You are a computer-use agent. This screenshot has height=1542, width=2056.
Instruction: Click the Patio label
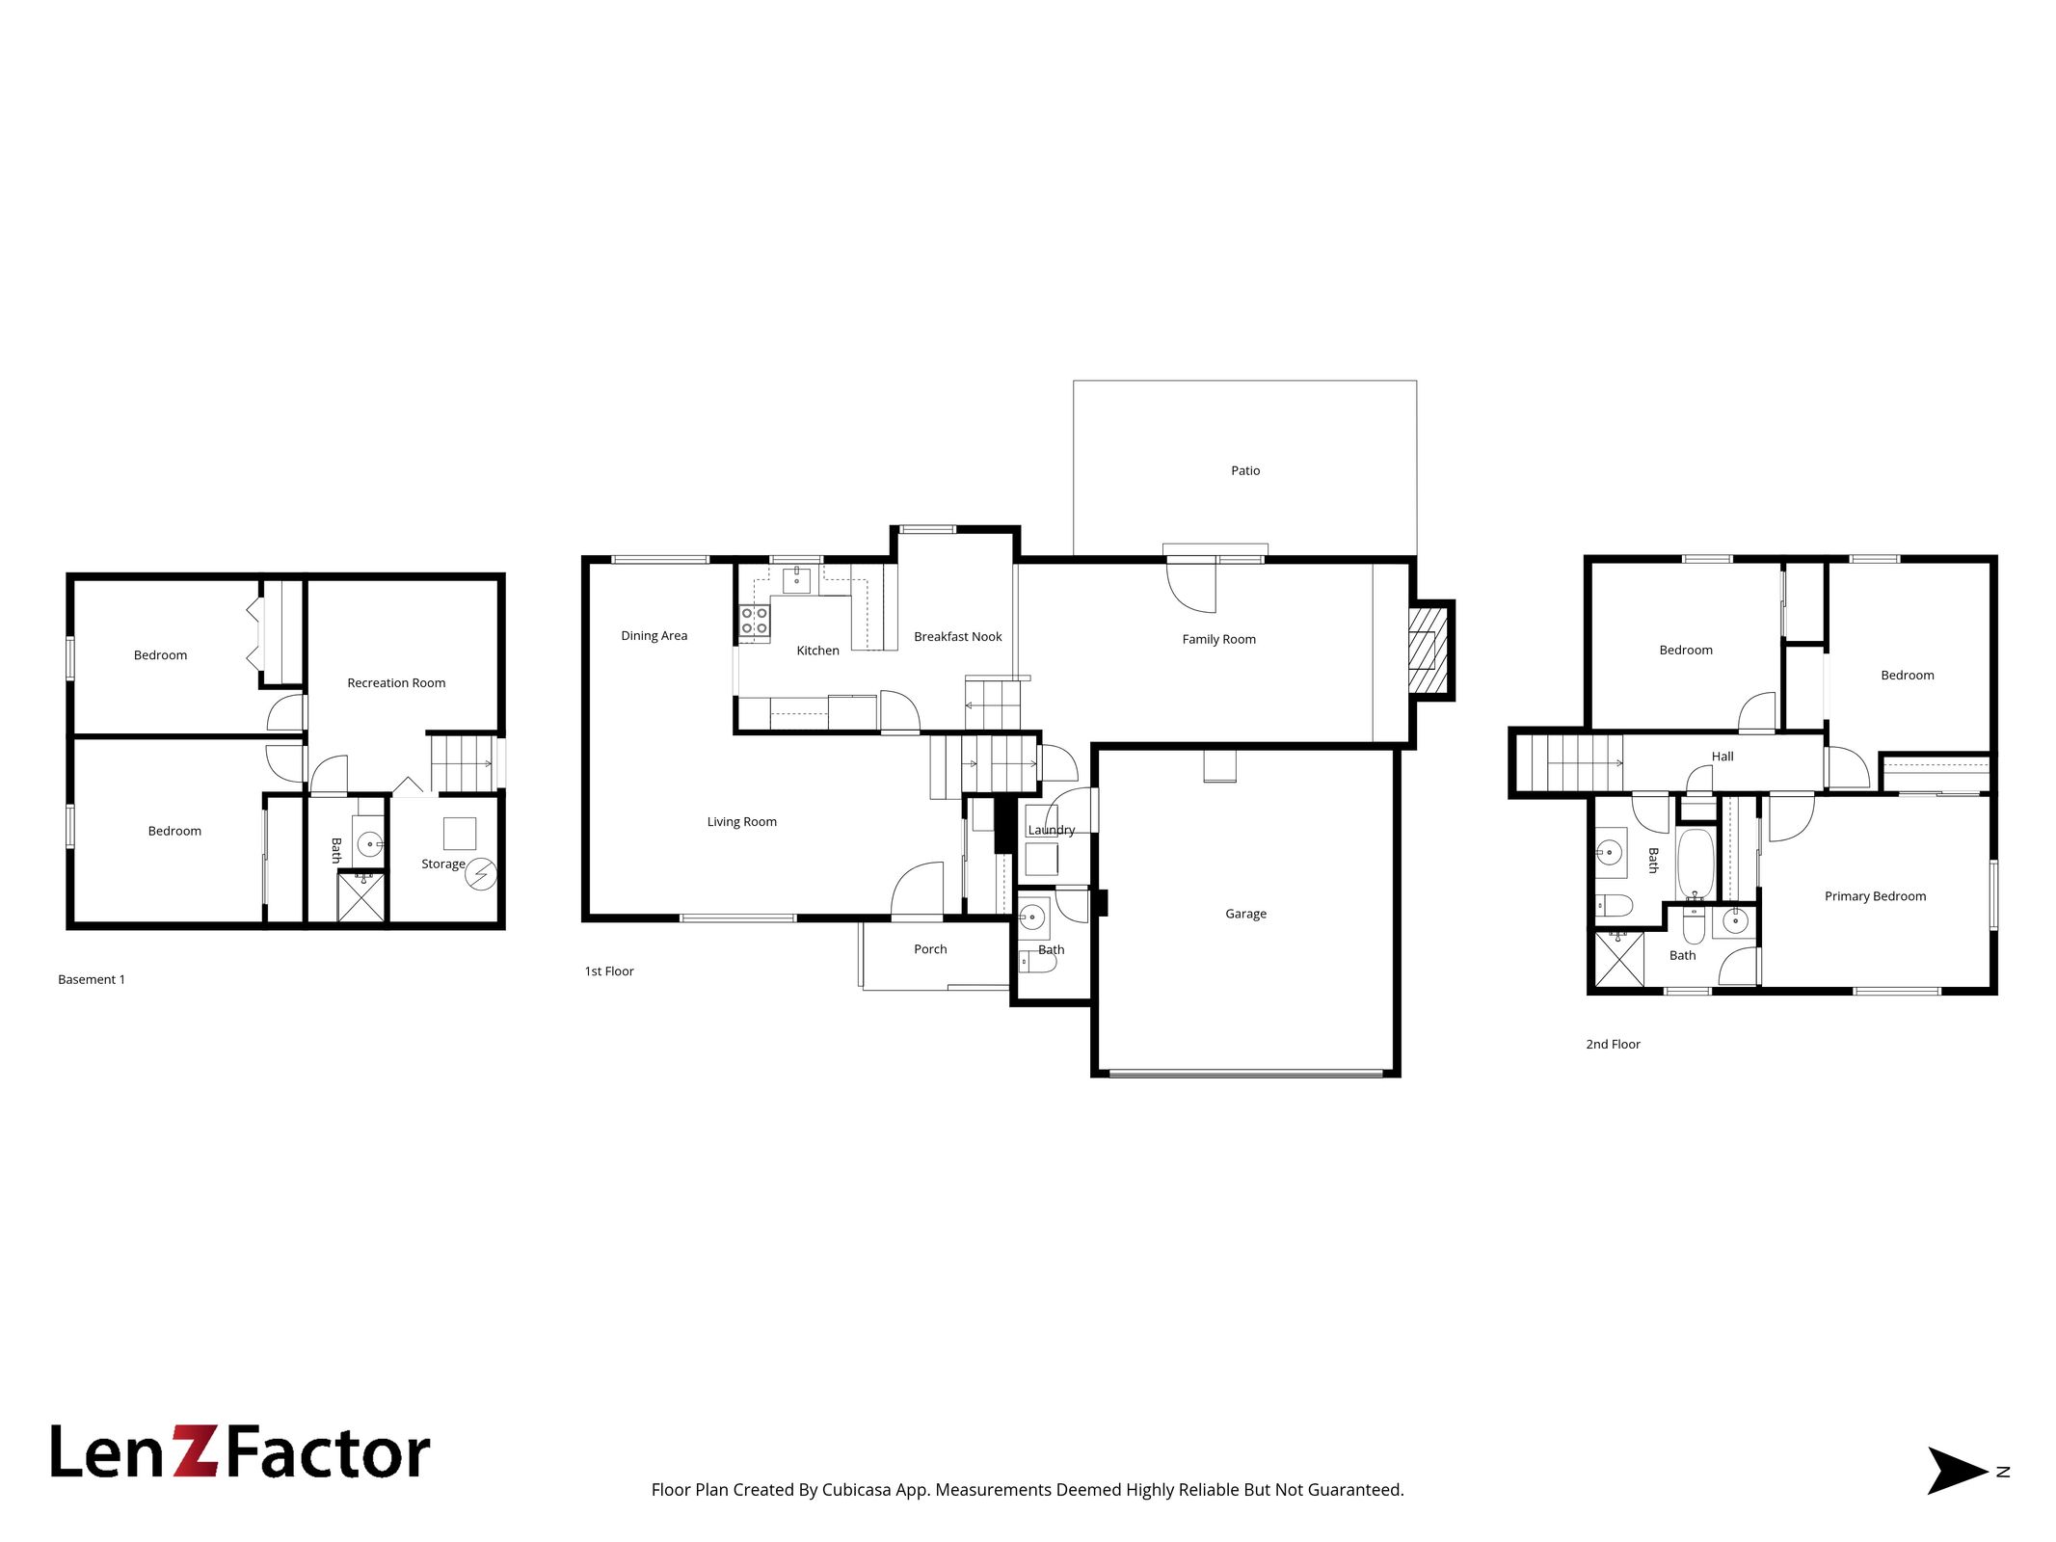coord(1244,470)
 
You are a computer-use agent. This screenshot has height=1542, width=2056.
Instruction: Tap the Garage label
coord(1245,914)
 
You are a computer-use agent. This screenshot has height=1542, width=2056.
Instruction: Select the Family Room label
coord(1218,639)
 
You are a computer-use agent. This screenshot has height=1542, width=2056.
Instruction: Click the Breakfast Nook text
coord(957,636)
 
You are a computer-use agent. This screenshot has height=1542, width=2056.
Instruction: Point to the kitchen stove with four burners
coord(755,621)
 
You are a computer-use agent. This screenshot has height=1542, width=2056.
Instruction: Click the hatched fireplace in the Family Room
coord(1429,650)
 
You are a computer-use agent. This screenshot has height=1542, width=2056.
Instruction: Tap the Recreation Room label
coord(396,682)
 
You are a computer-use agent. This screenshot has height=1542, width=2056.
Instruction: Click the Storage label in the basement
coord(442,864)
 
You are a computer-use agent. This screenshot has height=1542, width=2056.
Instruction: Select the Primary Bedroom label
coord(1875,896)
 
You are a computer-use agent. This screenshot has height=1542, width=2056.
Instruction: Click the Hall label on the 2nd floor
coord(1722,757)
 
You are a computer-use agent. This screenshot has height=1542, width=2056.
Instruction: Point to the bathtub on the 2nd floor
coord(1696,863)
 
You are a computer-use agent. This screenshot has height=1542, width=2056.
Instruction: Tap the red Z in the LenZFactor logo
coord(196,1451)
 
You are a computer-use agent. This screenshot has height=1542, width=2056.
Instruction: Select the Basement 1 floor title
coord(92,979)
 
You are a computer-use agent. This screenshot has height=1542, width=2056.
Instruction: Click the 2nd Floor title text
coord(1613,1044)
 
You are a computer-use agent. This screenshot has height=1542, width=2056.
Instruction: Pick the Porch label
coord(930,949)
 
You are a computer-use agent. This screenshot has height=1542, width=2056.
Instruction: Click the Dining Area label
coord(654,636)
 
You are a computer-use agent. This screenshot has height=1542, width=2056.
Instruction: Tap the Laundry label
coord(1051,830)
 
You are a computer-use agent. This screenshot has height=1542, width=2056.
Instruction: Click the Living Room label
coord(741,822)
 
